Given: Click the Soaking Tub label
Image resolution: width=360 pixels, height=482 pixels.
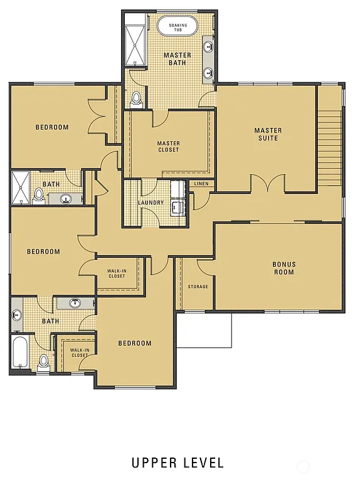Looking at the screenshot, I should pos(177,27).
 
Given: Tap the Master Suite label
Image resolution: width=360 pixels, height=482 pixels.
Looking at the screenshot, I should pos(268,134).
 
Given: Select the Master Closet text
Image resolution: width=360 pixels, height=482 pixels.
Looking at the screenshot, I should pos(168,146).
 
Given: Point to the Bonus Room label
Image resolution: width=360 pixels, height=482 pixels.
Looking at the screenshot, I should pos(283,268).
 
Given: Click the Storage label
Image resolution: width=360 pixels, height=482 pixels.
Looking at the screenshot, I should pos(198,287).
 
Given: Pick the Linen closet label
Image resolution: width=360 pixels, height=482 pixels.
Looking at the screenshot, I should pos(201,184).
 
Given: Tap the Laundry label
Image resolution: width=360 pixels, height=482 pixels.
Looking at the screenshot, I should pos(151,203).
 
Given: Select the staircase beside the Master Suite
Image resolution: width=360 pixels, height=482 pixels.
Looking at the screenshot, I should pos(330,148).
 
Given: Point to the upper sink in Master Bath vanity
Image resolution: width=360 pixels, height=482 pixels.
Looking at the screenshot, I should pos(208,46).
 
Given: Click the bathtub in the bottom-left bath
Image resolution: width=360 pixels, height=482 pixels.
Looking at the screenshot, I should pos(19,353).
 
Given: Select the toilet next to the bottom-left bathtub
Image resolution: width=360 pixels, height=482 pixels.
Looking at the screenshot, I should pos(43,363).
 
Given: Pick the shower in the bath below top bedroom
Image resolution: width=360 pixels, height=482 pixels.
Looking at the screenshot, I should pos(20,187).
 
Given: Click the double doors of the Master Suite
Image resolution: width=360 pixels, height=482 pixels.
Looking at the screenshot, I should pos(268,183).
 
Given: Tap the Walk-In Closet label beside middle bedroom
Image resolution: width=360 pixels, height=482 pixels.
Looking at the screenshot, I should pos(117,273).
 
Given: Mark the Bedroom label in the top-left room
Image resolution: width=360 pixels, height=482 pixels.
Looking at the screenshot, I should pos(52,127).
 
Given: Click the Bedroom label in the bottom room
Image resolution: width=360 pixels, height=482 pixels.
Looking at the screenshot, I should pos(135,343).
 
